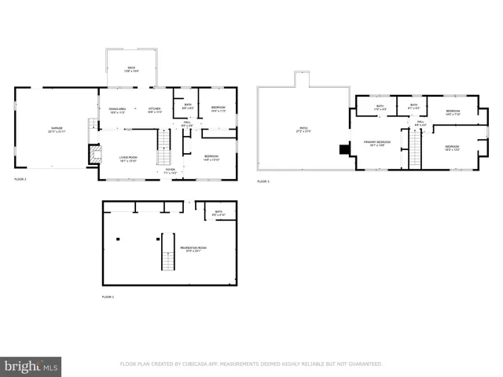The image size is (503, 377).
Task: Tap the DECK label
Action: pyautogui.click(x=131, y=69)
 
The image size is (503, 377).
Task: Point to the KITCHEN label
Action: pyautogui.click(x=155, y=109)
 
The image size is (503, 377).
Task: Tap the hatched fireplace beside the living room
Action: pyautogui.click(x=95, y=152)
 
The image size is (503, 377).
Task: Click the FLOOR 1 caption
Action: pyautogui.click(x=108, y=297)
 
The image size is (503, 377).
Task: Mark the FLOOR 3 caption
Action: pyautogui.click(x=263, y=181)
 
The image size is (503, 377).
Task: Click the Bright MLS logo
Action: pyautogui.click(x=31, y=366)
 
